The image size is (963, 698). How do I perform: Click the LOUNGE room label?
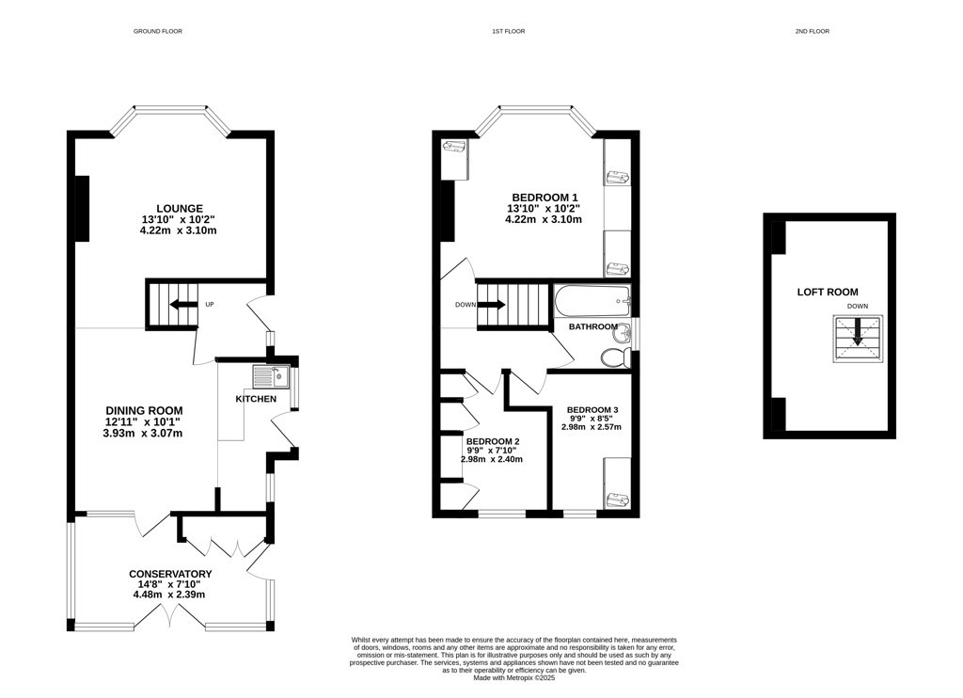(x=180, y=208)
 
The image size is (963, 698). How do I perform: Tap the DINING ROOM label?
(x=144, y=410)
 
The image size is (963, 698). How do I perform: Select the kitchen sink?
(x=271, y=376)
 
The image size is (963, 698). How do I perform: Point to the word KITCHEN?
(x=256, y=399)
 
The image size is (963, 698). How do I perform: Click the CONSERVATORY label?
(x=170, y=574)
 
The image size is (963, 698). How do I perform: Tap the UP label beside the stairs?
(x=210, y=304)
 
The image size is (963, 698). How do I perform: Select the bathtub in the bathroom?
(x=592, y=301)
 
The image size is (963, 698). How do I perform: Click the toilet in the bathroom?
(x=615, y=357)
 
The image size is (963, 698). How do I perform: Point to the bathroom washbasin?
(x=622, y=332)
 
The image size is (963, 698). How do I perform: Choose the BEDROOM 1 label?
(x=545, y=198)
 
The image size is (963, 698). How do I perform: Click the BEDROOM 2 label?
(x=493, y=441)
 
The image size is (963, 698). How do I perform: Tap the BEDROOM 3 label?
(x=592, y=410)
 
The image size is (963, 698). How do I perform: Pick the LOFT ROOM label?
(x=828, y=292)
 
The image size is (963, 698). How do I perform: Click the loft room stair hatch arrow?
(x=858, y=331)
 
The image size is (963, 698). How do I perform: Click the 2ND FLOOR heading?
(x=812, y=31)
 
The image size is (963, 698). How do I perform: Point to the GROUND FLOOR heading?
(x=158, y=31)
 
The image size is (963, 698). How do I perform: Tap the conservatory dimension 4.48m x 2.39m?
(x=169, y=595)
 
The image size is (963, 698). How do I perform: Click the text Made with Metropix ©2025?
(x=514, y=678)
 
